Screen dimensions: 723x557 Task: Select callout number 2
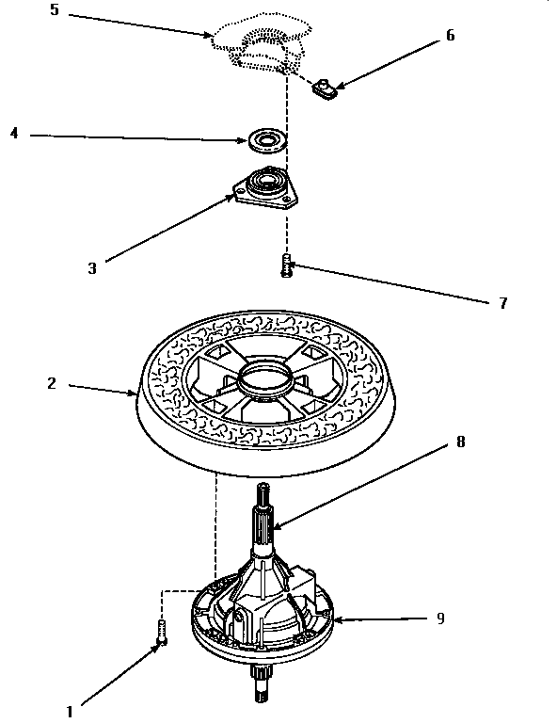(x=51, y=383)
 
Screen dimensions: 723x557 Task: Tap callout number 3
(x=92, y=267)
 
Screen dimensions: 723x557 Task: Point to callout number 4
(x=14, y=134)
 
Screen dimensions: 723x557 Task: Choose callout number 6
(x=450, y=35)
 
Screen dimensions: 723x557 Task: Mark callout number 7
(x=502, y=303)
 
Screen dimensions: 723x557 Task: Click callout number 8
(x=461, y=441)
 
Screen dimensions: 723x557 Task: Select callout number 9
(x=440, y=619)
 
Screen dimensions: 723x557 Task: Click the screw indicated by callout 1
(x=163, y=632)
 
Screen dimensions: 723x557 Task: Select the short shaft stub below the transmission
(x=260, y=683)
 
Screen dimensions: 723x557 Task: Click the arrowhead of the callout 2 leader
(x=136, y=396)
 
